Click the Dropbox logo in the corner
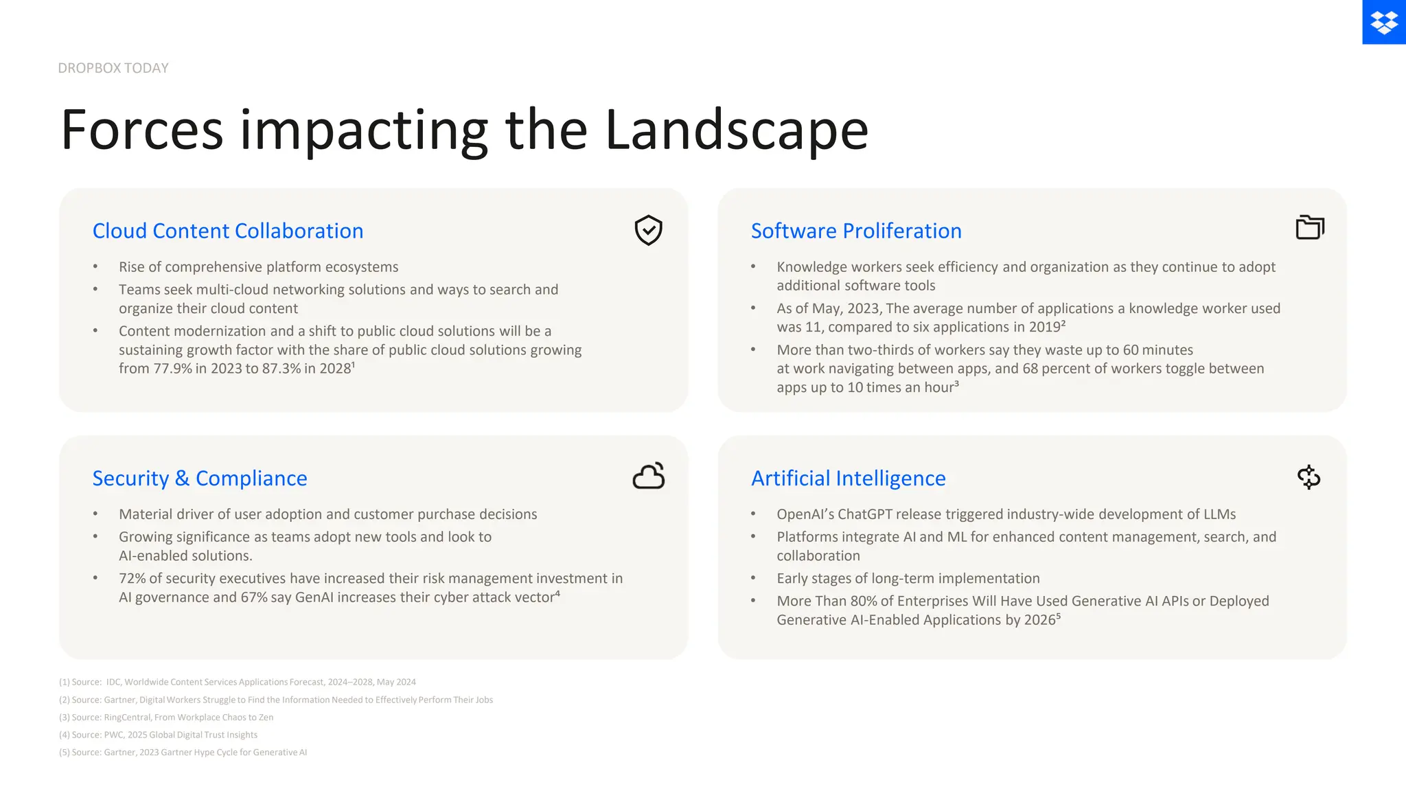(x=1383, y=22)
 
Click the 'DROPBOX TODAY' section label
(x=113, y=68)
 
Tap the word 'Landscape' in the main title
(x=736, y=130)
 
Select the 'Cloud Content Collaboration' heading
(x=228, y=231)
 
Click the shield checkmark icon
(x=648, y=230)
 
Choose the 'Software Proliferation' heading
(x=856, y=231)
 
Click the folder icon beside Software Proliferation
(x=1310, y=227)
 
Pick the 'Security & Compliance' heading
(x=200, y=478)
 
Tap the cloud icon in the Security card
(x=649, y=476)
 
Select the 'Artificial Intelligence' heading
(x=848, y=478)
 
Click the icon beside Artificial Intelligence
(x=1309, y=477)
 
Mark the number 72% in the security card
(x=132, y=579)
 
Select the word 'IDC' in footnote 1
(x=113, y=683)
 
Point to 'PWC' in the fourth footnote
(x=113, y=735)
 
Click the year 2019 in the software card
(x=1044, y=328)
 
